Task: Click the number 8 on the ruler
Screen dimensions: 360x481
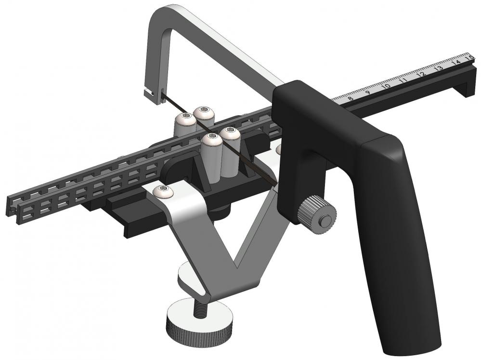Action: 350,98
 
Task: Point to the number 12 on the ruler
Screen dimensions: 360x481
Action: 420,75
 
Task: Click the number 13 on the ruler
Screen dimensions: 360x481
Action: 438,68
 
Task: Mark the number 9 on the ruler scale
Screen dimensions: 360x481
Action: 368,93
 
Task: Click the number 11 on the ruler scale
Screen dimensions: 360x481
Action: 403,81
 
